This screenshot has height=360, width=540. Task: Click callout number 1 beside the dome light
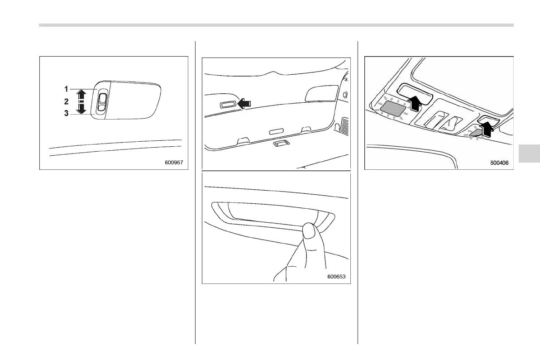(x=66, y=89)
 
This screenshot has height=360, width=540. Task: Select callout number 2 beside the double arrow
(x=66, y=101)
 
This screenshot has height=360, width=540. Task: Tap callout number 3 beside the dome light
(x=66, y=113)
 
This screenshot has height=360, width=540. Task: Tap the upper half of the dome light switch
(x=102, y=97)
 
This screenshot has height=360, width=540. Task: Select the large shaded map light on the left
(x=393, y=108)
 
